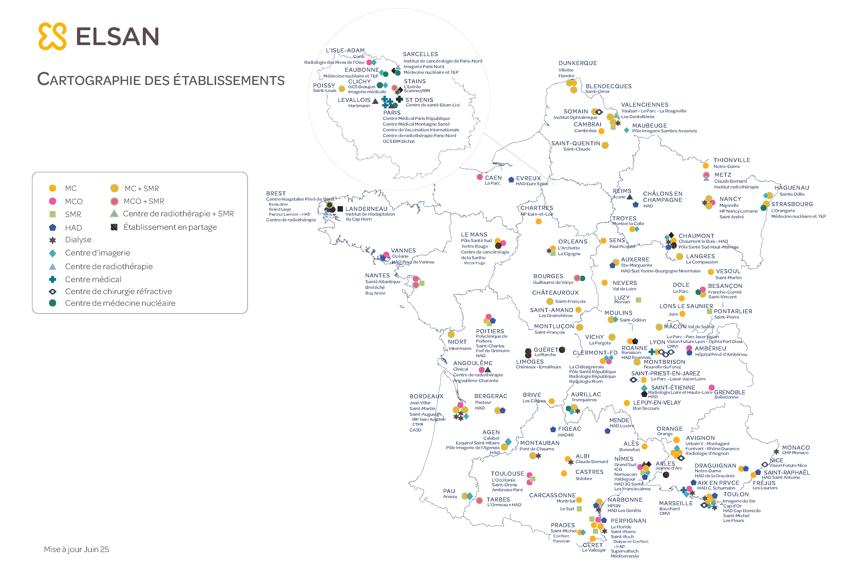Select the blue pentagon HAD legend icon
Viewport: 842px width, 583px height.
click(x=53, y=228)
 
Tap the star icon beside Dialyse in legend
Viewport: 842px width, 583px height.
click(x=53, y=240)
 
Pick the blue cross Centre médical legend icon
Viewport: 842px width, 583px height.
click(x=53, y=279)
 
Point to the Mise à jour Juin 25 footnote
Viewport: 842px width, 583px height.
click(x=76, y=549)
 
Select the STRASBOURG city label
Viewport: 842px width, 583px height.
click(x=792, y=204)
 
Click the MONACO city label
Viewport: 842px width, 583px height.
click(x=796, y=447)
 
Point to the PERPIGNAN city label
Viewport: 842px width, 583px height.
click(x=628, y=520)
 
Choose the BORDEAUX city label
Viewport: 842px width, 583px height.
click(x=426, y=396)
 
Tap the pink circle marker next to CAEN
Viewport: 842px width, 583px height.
click(x=480, y=177)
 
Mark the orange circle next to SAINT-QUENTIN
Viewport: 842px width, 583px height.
click(x=605, y=145)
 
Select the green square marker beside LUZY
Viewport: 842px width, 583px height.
click(x=639, y=300)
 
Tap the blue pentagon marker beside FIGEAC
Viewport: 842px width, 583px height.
click(x=553, y=429)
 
